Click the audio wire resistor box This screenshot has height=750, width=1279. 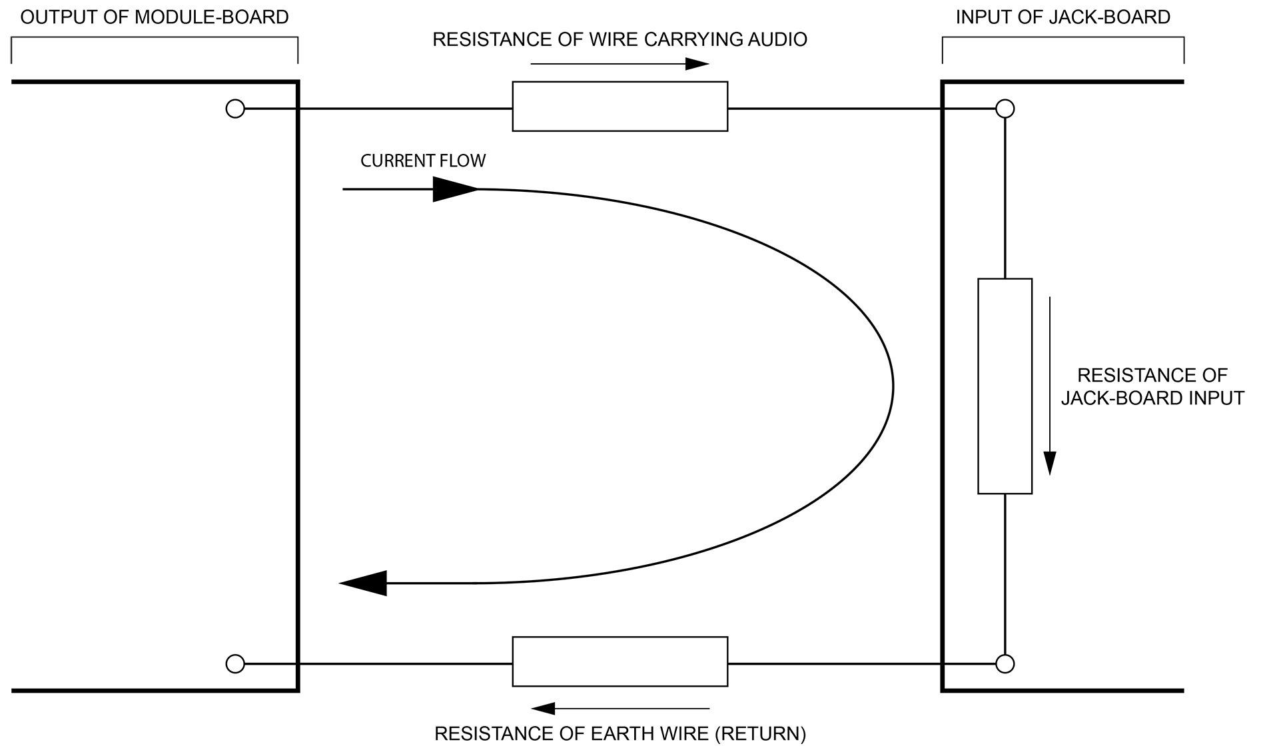pos(620,107)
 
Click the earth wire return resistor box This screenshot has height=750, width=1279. pos(620,661)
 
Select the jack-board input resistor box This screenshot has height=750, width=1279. pos(1005,386)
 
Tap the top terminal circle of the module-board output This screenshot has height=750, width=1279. pos(235,109)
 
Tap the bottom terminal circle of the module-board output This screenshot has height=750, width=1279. pos(235,664)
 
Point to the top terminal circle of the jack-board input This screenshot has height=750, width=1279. pos(1005,109)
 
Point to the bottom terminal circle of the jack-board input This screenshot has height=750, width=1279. pos(1005,664)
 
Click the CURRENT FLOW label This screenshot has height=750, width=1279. pos(423,161)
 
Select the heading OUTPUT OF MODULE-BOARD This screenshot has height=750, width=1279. pos(155,17)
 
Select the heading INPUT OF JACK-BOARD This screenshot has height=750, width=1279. pos(1063,17)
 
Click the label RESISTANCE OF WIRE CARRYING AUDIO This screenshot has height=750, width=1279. pos(620,40)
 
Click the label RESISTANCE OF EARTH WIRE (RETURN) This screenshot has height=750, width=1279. pos(620,734)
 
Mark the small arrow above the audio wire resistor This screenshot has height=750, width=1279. pos(620,65)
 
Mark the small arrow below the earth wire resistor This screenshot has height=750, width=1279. pos(620,708)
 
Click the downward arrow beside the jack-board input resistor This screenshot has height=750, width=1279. pos(1050,386)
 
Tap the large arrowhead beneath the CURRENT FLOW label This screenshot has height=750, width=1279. pos(455,189)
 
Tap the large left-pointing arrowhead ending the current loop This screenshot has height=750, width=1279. pos(364,583)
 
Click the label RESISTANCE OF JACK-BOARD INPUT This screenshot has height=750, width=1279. pos(1152,386)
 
